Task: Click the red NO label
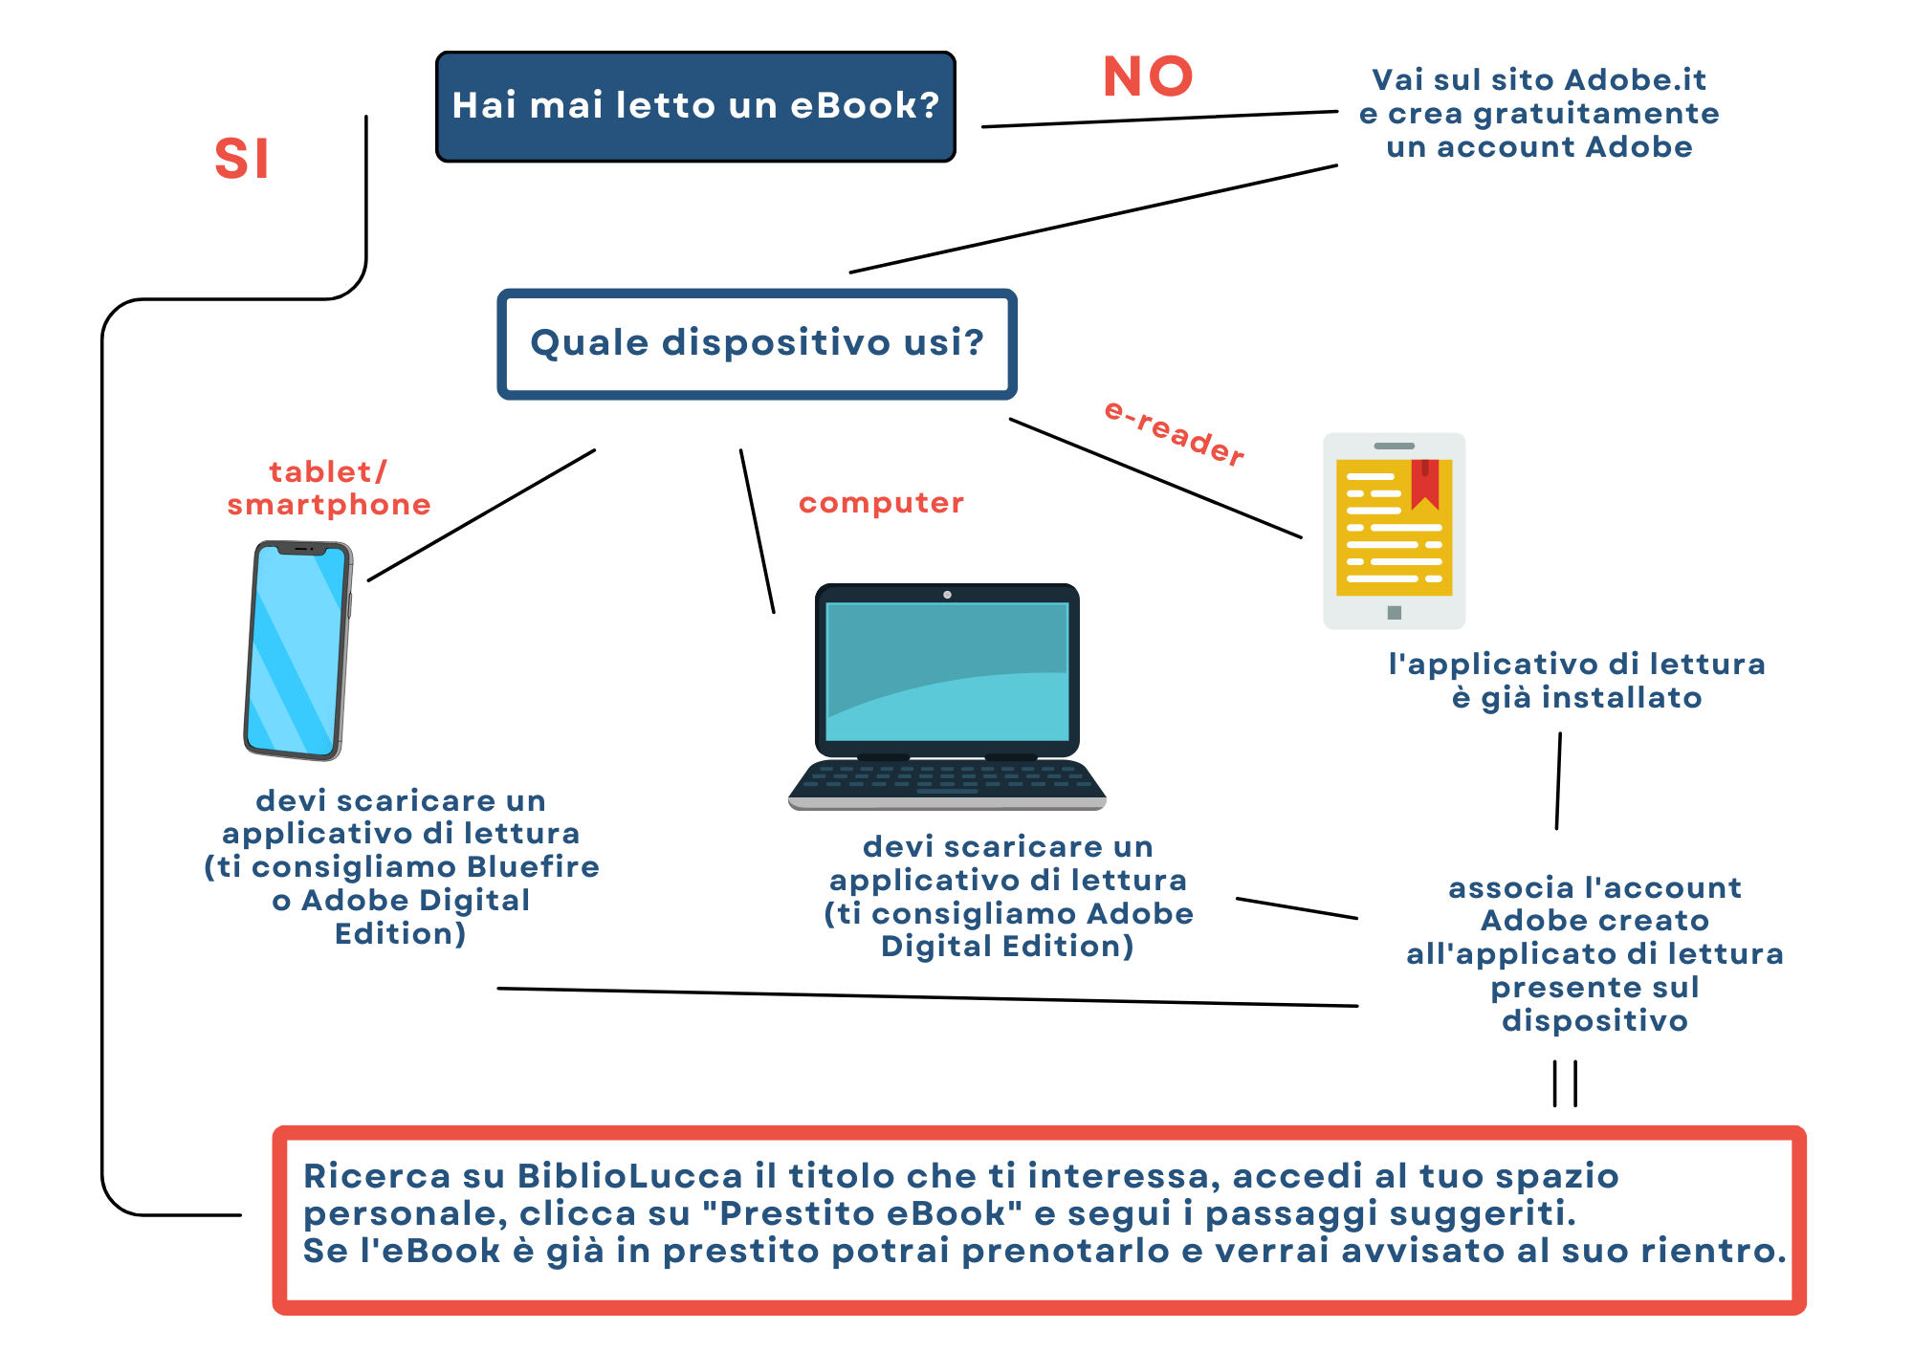click(1148, 76)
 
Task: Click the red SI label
click(241, 159)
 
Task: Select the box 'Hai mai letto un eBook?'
click(695, 106)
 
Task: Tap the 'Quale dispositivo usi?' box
click(757, 343)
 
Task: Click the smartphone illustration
click(297, 651)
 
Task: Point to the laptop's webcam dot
click(947, 595)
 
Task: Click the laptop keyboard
click(947, 779)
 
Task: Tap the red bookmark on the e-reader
click(1424, 483)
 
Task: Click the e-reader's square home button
click(1395, 613)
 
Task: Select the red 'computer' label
click(881, 503)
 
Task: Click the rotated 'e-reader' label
click(1175, 433)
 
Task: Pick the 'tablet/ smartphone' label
click(328, 488)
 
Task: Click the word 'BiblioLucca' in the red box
click(630, 1176)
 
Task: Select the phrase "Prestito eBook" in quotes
click(862, 1213)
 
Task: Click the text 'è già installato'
click(1576, 698)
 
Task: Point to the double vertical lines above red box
click(1565, 1083)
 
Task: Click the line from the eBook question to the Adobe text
click(1159, 120)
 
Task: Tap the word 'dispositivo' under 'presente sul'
click(1594, 1020)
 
